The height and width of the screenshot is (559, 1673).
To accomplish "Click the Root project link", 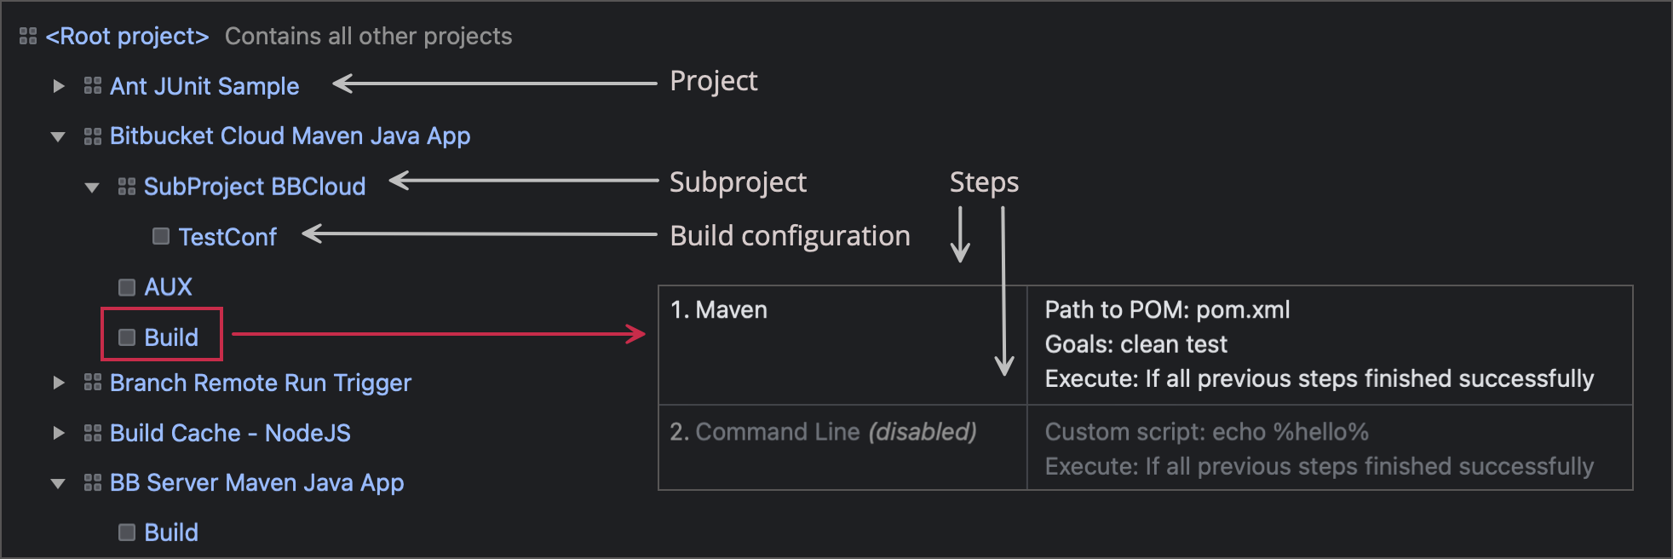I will tap(127, 37).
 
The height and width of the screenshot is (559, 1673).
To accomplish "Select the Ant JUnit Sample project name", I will tap(204, 86).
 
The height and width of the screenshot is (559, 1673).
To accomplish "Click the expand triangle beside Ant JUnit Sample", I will tap(58, 86).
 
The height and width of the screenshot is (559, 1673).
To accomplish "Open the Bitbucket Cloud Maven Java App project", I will tap(290, 136).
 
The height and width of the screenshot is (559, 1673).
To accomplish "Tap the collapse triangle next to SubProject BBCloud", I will tap(92, 187).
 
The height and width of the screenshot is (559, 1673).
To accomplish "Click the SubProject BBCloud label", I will tap(254, 187).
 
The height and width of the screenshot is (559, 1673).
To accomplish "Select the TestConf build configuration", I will tap(227, 237).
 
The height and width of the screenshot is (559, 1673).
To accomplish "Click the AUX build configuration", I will tap(168, 287).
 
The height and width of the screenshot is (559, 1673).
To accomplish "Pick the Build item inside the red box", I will tap(170, 337).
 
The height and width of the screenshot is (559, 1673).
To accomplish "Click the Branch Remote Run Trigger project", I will tap(260, 383).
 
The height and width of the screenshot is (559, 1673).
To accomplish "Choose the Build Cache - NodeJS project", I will tap(230, 433).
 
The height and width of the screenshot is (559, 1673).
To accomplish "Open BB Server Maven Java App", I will tap(256, 483).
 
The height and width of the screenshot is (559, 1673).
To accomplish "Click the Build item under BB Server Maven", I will tap(170, 533).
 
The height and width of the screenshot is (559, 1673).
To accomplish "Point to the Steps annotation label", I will tap(984, 182).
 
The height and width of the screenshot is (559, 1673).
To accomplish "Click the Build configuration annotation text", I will tap(790, 236).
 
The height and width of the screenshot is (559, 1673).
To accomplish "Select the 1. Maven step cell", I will tap(732, 310).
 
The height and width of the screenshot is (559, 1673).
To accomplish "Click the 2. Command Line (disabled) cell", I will tap(823, 432).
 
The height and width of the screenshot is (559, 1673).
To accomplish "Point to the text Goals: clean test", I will tap(1135, 344).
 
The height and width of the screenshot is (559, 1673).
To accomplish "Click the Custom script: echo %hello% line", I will tap(1206, 432).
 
